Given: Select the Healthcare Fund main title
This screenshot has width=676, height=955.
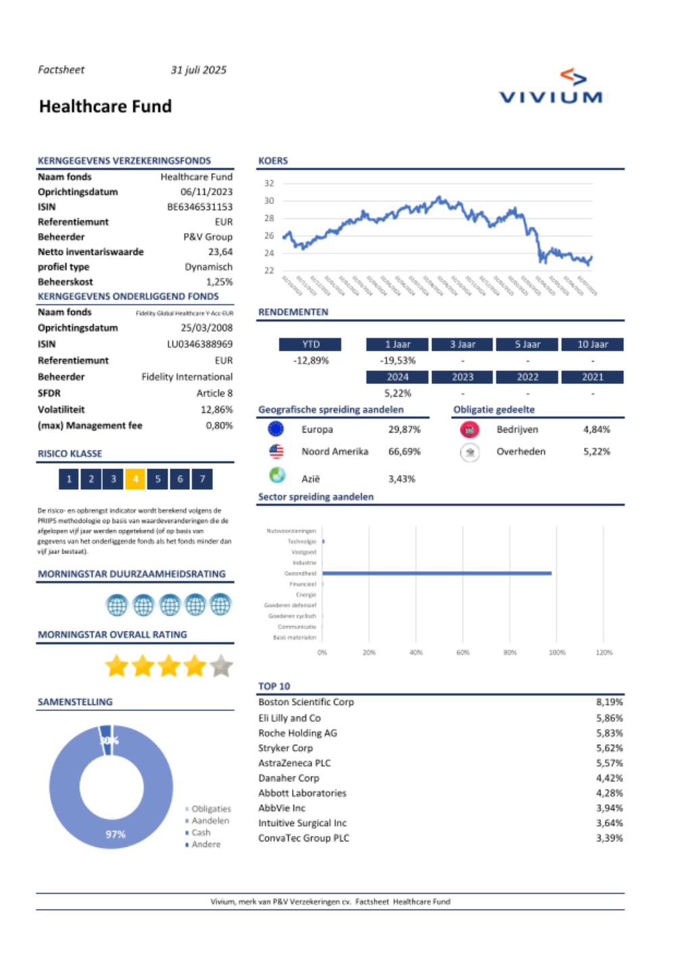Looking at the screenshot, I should [105, 106].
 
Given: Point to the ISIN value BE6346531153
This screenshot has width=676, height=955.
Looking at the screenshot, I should [199, 207].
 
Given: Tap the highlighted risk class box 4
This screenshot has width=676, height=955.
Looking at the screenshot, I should [135, 479].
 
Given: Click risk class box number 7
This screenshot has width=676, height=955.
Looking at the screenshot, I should [202, 479].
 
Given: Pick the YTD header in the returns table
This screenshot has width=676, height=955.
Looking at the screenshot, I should [310, 345].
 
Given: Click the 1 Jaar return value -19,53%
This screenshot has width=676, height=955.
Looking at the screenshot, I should [397, 361].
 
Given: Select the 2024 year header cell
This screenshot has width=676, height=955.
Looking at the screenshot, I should [397, 377].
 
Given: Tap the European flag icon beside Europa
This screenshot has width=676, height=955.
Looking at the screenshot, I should [276, 429].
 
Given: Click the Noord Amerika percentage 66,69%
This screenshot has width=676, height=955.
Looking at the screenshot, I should [404, 451].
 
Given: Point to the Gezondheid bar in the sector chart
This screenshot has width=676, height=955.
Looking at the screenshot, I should [437, 573].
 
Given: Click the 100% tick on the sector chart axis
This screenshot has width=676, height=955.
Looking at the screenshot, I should [557, 653].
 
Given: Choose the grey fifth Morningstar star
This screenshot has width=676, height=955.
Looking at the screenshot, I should [221, 666].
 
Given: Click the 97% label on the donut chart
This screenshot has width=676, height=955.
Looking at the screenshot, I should [116, 835].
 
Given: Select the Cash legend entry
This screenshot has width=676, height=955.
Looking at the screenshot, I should [201, 833].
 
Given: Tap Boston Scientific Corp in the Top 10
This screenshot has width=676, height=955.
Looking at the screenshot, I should [306, 702].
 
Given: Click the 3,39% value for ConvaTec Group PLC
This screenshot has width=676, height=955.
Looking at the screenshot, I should [609, 838].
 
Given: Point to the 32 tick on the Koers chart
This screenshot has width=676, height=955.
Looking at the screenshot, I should [269, 183].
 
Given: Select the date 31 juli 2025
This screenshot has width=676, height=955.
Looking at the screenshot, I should [199, 70].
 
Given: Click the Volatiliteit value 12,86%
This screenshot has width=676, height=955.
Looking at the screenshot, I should [216, 410].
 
